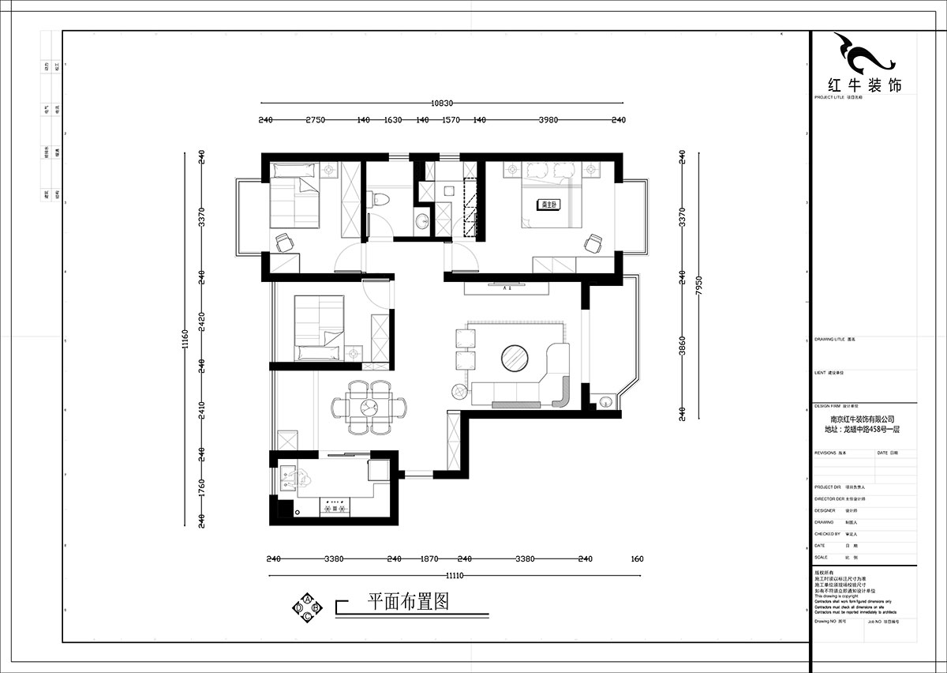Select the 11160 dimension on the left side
185,340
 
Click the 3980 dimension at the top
548,120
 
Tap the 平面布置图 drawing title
409,602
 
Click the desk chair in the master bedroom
592,244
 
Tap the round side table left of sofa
458,389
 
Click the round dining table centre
369,408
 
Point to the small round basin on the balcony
605,401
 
